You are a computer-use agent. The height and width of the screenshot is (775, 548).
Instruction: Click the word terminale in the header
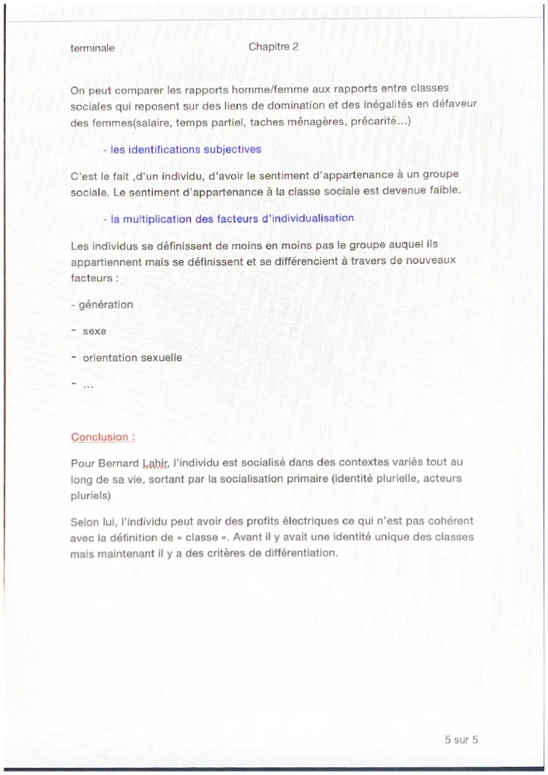(92, 48)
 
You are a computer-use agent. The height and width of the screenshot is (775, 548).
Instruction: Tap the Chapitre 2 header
(273, 47)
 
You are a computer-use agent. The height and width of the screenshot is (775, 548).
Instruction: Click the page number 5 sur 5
(461, 739)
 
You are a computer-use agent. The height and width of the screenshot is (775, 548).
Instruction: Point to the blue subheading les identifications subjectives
(185, 150)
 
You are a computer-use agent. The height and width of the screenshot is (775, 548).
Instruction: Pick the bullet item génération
(106, 305)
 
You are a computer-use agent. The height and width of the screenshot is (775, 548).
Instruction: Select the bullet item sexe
(94, 331)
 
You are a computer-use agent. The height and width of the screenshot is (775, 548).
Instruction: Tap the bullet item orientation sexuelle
(132, 358)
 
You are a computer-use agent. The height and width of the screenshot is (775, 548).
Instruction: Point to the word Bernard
(118, 463)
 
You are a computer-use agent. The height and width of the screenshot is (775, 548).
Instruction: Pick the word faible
(445, 190)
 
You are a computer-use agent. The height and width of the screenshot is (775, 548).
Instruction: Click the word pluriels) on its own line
(90, 495)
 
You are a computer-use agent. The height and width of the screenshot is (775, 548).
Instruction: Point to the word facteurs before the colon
(91, 278)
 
